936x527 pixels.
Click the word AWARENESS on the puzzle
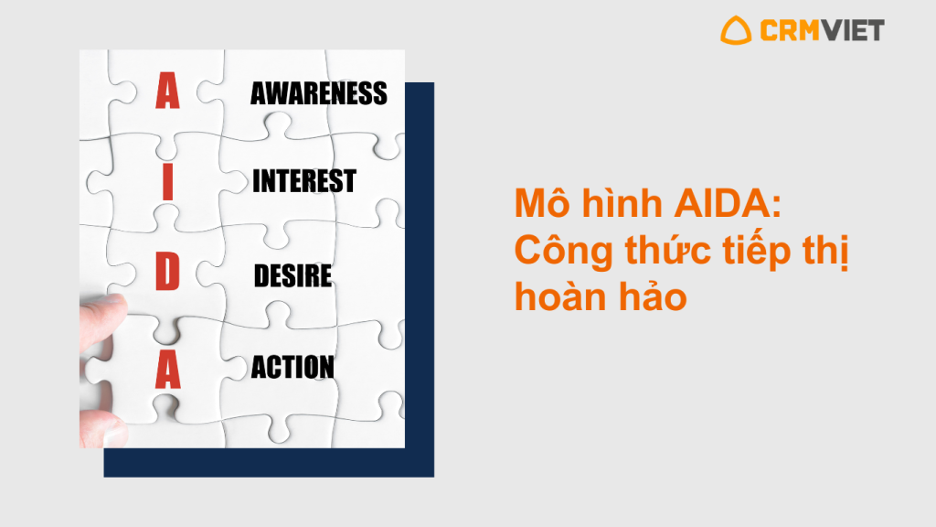319,94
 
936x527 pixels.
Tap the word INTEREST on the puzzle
303,181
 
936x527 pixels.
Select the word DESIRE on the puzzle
292,275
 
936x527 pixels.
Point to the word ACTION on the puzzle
292,367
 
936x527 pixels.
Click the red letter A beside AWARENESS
168,91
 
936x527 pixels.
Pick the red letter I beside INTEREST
168,182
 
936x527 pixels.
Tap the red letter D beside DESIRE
168,271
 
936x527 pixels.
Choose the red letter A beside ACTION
168,370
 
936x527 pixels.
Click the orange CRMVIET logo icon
736,30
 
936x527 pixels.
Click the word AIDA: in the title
728,204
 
